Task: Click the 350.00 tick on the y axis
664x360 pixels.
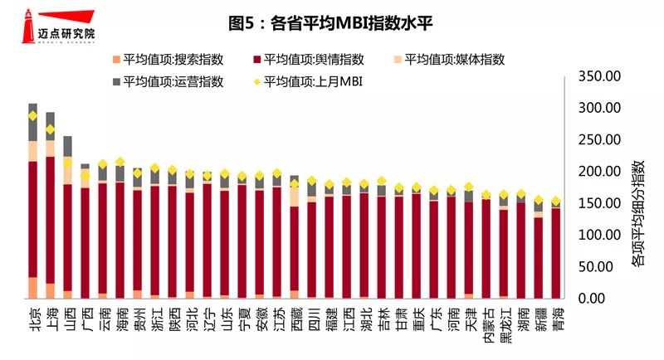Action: pos(598,76)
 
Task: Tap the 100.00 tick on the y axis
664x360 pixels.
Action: pos(598,236)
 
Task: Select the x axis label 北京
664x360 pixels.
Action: pos(33,319)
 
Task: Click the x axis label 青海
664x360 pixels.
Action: pos(556,319)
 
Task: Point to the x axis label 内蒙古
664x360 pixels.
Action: pos(486,325)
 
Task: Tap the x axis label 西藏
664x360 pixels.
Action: pos(295,319)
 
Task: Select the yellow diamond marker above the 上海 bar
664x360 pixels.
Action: pos(51,129)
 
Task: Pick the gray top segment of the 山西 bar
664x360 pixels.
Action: pos(68,146)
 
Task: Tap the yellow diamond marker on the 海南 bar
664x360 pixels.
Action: pos(120,162)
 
